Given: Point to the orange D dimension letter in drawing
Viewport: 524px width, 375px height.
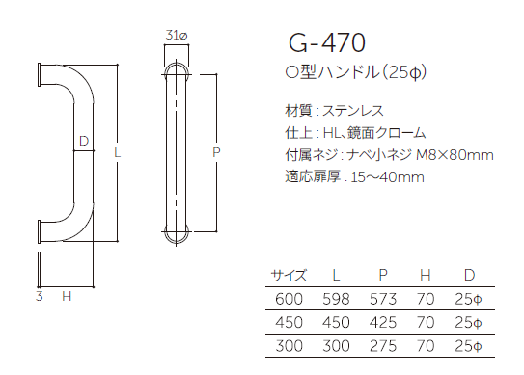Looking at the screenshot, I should (x=84, y=142).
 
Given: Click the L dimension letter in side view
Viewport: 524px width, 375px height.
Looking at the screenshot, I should (x=116, y=152).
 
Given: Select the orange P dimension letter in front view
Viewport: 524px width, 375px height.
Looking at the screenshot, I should (x=216, y=152).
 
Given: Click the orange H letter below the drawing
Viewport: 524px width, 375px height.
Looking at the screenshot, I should (x=67, y=296).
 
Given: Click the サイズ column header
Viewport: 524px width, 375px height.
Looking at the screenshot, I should (x=289, y=275).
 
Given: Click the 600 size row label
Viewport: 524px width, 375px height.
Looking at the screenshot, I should (x=290, y=300).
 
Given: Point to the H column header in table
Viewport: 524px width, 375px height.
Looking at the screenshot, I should (x=427, y=275).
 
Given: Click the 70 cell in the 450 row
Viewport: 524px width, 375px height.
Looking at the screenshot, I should (x=427, y=322).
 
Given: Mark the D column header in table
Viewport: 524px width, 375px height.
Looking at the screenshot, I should (x=469, y=275).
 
